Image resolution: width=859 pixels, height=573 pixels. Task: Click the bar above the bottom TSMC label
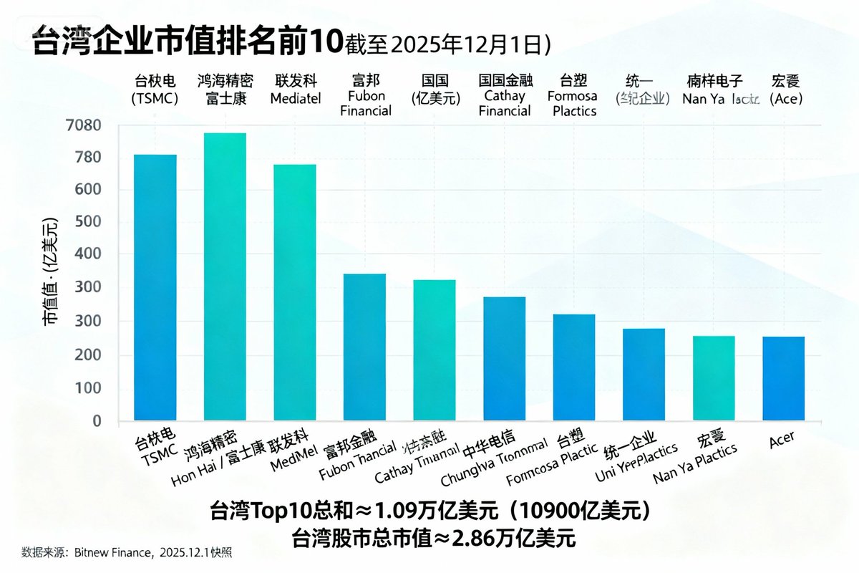tap(155, 286)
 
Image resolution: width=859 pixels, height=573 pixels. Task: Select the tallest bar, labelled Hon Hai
tap(225, 276)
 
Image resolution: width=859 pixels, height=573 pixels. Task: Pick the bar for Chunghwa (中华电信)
tap(504, 358)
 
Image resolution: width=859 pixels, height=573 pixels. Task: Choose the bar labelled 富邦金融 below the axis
tap(364, 347)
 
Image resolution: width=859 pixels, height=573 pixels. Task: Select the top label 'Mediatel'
tap(295, 98)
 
